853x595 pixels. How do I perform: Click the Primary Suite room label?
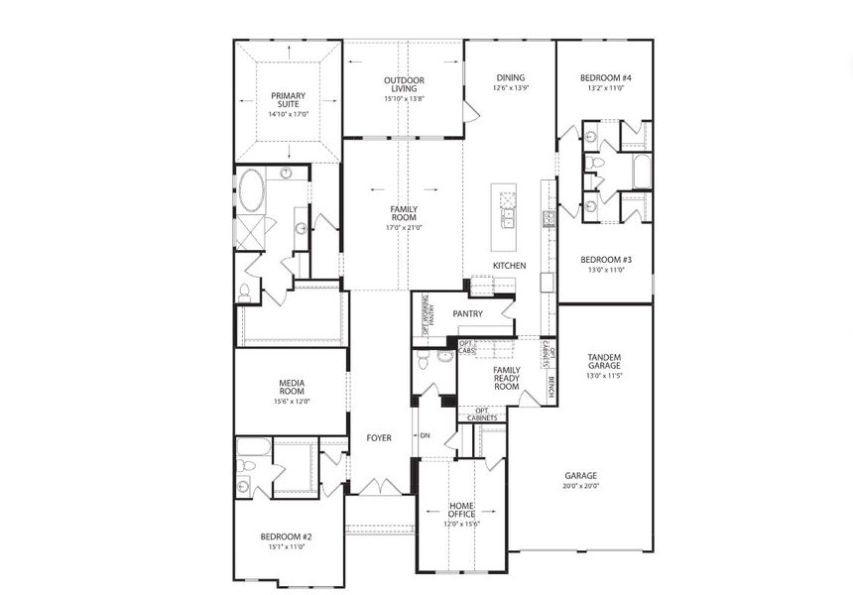click(289, 101)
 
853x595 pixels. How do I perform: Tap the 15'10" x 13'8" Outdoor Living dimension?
click(404, 99)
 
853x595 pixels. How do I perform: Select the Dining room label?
click(511, 77)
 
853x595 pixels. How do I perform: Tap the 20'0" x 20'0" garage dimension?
click(580, 486)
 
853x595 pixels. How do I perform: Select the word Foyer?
click(379, 437)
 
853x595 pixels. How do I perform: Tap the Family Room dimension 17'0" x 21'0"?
click(404, 227)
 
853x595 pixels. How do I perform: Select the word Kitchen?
click(510, 266)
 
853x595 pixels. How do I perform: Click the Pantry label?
click(467, 313)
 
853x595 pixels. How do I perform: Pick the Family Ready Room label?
click(507, 378)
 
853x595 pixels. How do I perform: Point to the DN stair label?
click(425, 436)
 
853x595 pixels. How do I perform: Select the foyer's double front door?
click(378, 487)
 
